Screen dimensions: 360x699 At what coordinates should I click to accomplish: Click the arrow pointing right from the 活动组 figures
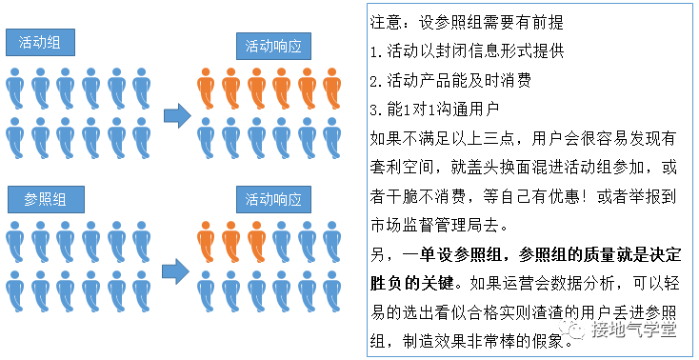[x=176, y=116]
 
